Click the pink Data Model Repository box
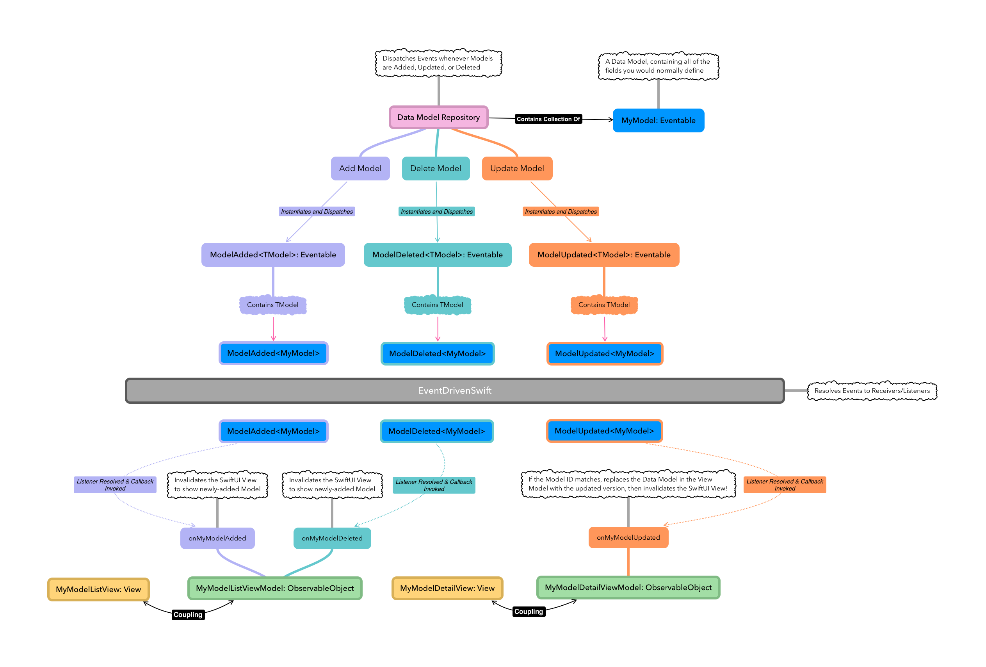[438, 117]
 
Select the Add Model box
[360, 168]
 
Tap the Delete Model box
[435, 168]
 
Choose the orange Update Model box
[517, 168]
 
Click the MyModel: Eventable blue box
[658, 120]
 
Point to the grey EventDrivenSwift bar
[454, 390]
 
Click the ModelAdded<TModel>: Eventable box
[273, 255]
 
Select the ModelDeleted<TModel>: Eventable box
[437, 255]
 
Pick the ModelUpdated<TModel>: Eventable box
[604, 255]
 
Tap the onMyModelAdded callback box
[217, 538]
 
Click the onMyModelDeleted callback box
[332, 538]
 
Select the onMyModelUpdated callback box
[628, 537]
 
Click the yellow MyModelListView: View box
[98, 589]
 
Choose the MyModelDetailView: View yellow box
[447, 588]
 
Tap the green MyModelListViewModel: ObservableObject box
[274, 588]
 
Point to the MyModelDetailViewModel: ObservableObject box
[628, 587]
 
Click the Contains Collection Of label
[548, 119]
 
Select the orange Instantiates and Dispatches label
[561, 211]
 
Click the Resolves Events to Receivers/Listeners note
[872, 391]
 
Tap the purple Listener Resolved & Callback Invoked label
[115, 485]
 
